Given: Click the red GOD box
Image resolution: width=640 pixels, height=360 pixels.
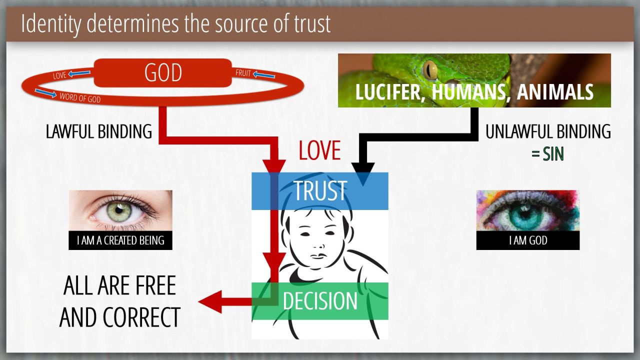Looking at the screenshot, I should [163, 73].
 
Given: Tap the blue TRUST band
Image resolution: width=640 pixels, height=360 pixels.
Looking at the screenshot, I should [320, 191].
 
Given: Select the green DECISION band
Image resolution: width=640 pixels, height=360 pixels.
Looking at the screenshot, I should [320, 301].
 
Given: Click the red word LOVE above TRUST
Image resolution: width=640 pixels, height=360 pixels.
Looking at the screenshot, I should [319, 150].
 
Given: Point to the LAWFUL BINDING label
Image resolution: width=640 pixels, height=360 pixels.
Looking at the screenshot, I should [99, 131].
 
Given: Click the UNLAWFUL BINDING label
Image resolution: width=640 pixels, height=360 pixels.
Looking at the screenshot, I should [548, 131].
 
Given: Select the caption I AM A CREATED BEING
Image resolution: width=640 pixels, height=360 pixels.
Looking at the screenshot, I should [120, 241].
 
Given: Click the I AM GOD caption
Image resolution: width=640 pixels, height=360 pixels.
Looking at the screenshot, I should [528, 241].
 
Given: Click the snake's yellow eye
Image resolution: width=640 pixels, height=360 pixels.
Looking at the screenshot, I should [429, 69].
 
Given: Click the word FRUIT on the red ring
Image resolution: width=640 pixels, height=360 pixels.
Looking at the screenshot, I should [243, 73].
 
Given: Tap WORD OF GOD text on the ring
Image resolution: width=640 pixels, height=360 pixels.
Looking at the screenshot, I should [80, 97].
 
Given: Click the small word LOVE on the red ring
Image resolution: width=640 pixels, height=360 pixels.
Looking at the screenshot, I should [60, 76].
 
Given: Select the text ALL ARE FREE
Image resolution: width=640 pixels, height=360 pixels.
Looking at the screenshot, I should [120, 286].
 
